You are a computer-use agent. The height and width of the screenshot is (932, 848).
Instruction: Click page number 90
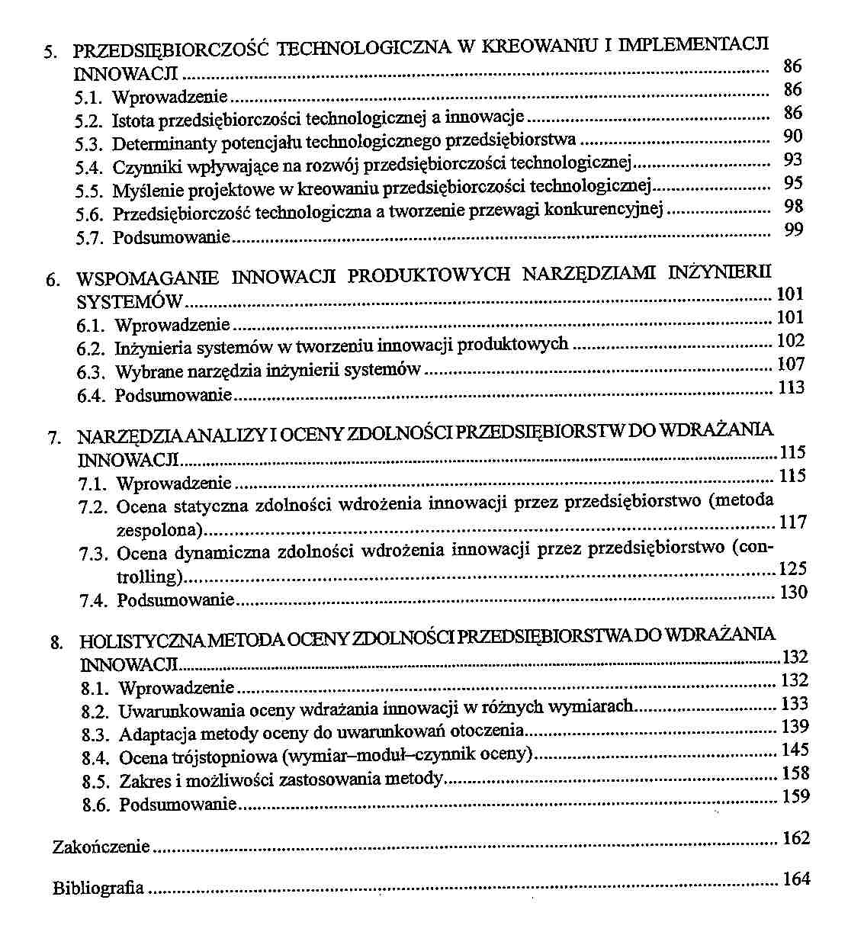click(793, 137)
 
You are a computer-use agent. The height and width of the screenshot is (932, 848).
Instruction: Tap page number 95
click(793, 183)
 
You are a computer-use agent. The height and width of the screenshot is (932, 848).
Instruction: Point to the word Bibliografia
click(98, 888)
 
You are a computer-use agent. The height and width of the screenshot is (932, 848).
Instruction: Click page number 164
click(796, 879)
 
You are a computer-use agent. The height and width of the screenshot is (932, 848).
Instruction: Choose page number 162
click(796, 838)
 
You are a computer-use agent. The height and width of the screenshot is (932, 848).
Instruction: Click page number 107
click(791, 365)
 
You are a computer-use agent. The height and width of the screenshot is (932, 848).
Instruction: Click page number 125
click(792, 569)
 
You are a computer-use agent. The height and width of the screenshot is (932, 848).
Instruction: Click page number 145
click(795, 750)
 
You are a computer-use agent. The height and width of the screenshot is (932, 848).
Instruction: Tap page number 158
click(795, 773)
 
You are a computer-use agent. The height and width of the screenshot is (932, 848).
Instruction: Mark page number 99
click(794, 230)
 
